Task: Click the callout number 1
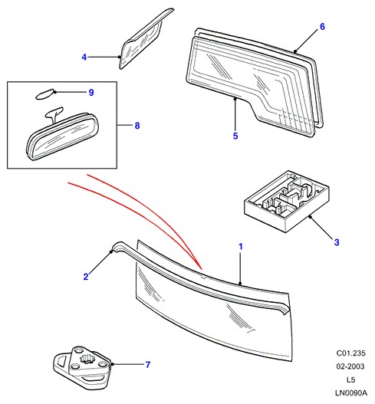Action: tap(241, 247)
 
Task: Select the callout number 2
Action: tap(86, 277)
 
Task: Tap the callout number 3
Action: tap(337, 242)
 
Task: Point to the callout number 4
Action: tap(84, 57)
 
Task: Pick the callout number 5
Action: tap(235, 136)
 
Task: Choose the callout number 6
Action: tap(322, 26)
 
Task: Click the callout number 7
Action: tap(147, 365)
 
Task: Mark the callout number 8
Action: tap(137, 126)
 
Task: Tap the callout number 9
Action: tap(91, 92)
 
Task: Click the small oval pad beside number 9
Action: tap(45, 94)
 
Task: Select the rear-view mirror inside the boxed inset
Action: tap(63, 136)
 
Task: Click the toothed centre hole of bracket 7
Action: tap(87, 358)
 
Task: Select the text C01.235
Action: tap(350, 353)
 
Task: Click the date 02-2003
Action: tap(350, 366)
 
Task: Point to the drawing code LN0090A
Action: tap(350, 393)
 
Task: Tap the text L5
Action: tap(350, 379)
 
